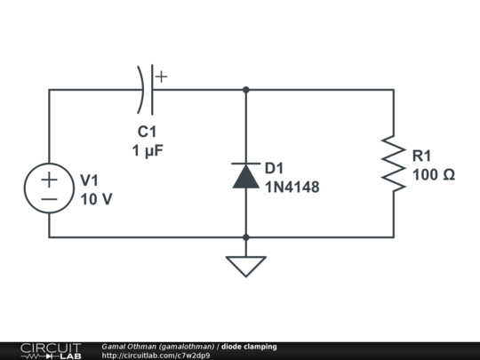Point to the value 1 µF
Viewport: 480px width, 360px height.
pyautogui.click(x=148, y=151)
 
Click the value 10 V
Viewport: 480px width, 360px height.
pyautogui.click(x=96, y=199)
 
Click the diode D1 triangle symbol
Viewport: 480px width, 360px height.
pyautogui.click(x=245, y=175)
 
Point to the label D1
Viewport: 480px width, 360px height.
pyautogui.click(x=274, y=169)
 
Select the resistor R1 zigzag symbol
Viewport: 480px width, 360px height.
pyautogui.click(x=393, y=163)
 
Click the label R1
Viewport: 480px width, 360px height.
pyautogui.click(x=423, y=156)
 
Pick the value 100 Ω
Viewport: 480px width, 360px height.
pyautogui.click(x=434, y=174)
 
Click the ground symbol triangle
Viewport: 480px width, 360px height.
pyautogui.click(x=245, y=265)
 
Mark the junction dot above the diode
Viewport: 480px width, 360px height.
pyautogui.click(x=245, y=89)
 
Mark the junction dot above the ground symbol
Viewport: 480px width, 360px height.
pyautogui.click(x=245, y=237)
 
